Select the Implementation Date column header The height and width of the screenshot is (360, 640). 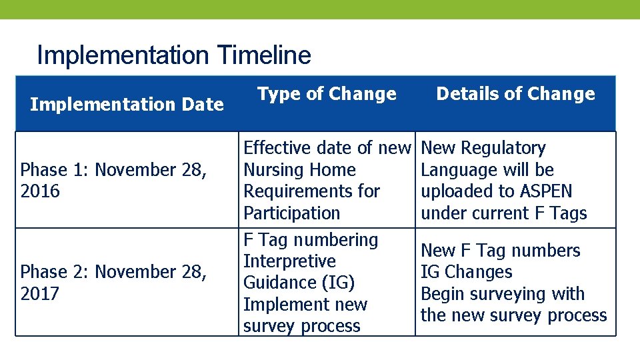point(127,105)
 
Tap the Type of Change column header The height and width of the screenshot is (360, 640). point(327,94)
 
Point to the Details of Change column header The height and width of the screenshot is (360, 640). point(515,94)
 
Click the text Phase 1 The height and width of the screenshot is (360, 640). point(54,170)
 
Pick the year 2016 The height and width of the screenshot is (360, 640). point(40,191)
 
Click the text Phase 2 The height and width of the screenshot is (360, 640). point(54,272)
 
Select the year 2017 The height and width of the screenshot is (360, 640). point(40,293)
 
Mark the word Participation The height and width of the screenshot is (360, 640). point(291,213)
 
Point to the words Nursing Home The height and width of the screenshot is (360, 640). point(299,170)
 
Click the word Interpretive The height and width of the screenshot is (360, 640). point(289,261)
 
